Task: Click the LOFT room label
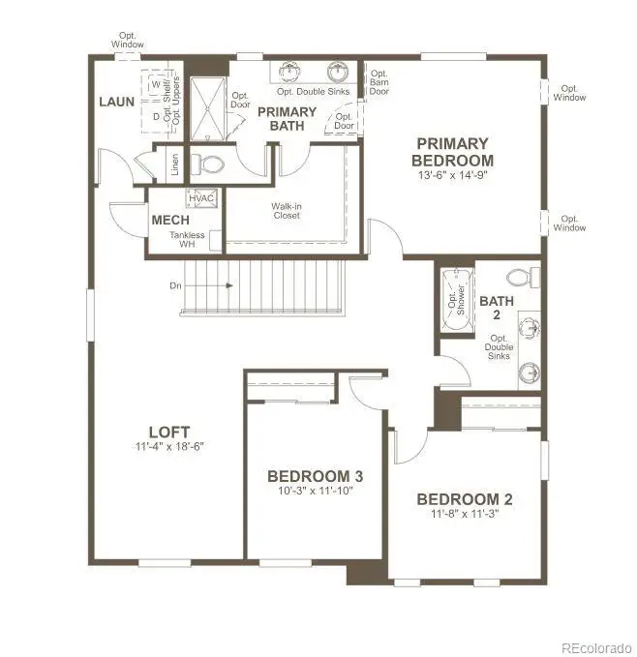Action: pos(169,432)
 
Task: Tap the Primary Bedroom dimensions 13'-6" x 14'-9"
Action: pos(453,175)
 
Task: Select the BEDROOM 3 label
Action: pos(316,476)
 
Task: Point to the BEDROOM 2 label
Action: pos(465,499)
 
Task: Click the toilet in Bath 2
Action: pos(524,277)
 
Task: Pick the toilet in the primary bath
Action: pos(207,164)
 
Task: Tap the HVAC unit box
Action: pos(201,198)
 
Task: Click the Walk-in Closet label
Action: pos(287,211)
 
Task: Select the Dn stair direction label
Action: pos(175,285)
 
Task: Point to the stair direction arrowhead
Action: pos(229,285)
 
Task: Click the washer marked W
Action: pos(156,84)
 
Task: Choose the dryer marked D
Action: pos(156,116)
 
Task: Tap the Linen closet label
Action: pos(175,164)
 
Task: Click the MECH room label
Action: pos(170,220)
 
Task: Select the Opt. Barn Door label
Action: pos(379,82)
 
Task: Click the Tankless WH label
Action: pos(187,239)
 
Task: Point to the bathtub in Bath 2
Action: pos(457,300)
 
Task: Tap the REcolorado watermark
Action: pos(596,647)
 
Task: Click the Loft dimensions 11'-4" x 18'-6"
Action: pos(169,447)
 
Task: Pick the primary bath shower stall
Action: pos(207,109)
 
